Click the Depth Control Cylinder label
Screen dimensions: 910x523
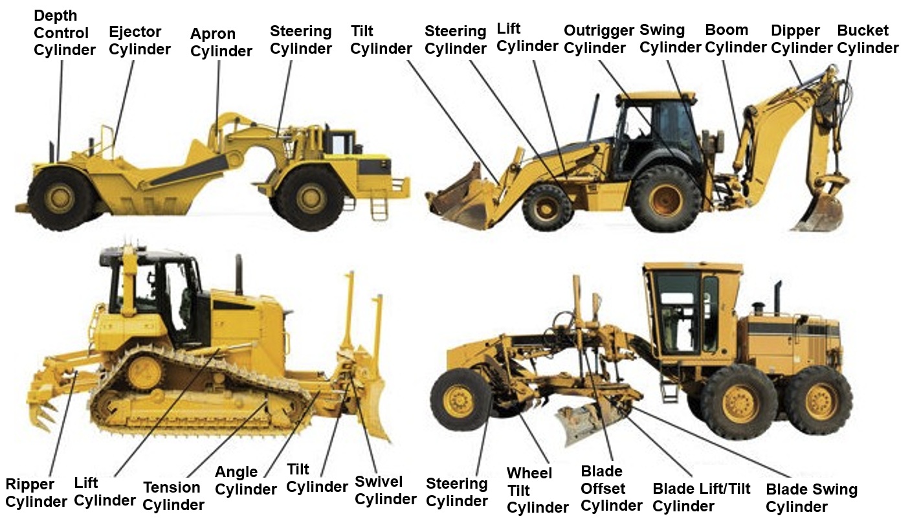tap(65, 33)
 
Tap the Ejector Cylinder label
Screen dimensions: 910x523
tap(140, 40)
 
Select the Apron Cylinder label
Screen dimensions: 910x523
tap(221, 42)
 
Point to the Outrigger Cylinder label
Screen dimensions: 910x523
tap(599, 39)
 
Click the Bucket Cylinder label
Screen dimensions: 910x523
tap(868, 39)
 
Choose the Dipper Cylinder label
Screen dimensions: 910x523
tap(801, 39)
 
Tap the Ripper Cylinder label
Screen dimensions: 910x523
tap(36, 493)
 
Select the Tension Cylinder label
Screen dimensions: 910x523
tap(173, 496)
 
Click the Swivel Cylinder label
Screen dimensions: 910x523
tap(386, 490)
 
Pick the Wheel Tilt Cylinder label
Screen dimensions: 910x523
tap(537, 491)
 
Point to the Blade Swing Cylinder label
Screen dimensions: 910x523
tap(812, 498)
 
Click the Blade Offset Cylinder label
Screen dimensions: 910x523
tap(612, 489)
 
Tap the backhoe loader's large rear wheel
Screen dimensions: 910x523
tap(666, 199)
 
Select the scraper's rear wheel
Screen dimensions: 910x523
tap(60, 198)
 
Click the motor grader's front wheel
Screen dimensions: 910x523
tap(461, 400)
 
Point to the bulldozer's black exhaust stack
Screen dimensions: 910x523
tap(239, 274)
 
